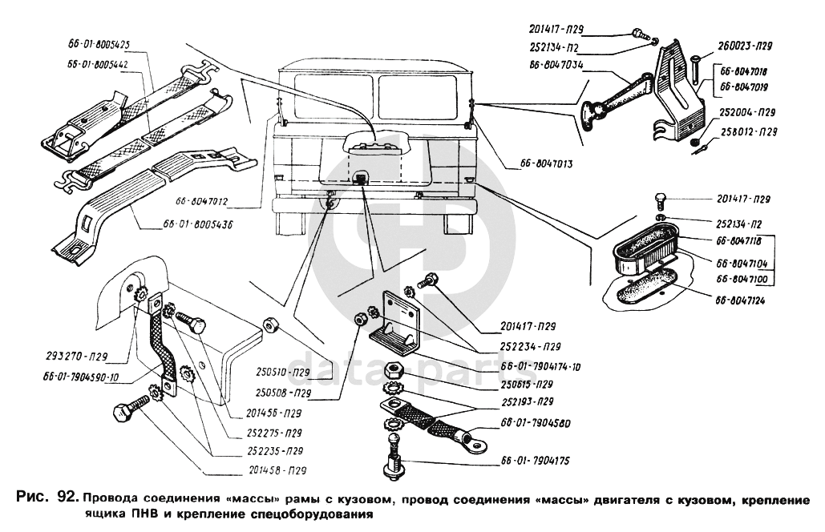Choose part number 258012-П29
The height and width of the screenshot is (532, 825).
[x=746, y=131]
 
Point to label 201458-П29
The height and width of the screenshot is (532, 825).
[x=274, y=470]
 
